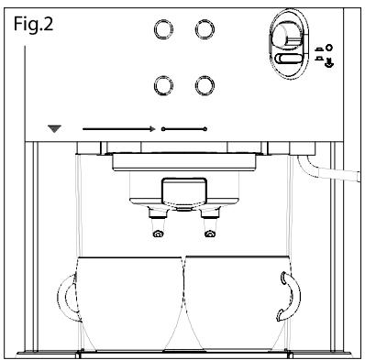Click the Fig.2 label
(34, 25)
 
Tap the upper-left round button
(163, 29)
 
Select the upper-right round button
(205, 29)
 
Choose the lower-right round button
(205, 85)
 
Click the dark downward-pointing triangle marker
(55, 129)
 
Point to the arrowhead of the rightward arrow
(153, 129)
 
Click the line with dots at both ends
(184, 129)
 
